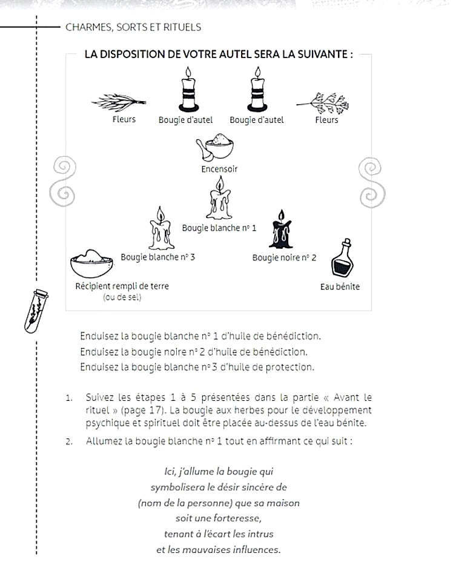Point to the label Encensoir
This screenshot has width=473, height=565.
pyautogui.click(x=219, y=169)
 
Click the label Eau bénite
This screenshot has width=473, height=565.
pyautogui.click(x=339, y=287)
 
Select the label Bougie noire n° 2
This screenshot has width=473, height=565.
pyautogui.click(x=276, y=258)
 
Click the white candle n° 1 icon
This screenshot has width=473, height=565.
pyautogui.click(x=219, y=200)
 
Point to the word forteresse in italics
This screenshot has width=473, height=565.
pyautogui.click(x=238, y=518)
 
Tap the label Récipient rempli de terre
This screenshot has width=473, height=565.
pyautogui.click(x=122, y=286)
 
